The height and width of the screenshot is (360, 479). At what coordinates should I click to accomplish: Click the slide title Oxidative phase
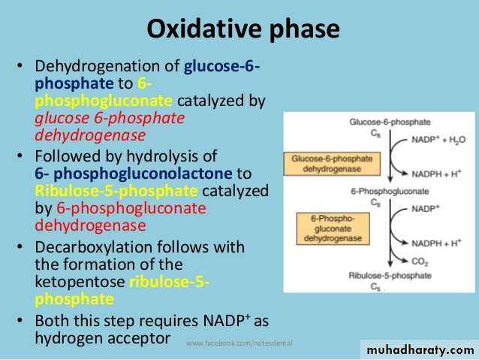(243, 29)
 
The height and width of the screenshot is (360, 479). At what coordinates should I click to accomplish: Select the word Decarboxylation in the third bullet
(94, 247)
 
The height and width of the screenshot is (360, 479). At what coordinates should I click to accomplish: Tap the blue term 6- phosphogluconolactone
(134, 174)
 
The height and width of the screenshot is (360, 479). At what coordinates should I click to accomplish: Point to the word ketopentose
(80, 282)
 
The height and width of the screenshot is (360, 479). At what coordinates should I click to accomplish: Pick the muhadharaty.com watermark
(420, 349)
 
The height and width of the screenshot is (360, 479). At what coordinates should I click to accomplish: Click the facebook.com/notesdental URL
(239, 343)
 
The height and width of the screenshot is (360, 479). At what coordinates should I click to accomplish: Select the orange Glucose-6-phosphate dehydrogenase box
(332, 164)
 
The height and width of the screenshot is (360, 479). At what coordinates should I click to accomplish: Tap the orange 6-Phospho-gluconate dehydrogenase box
(333, 228)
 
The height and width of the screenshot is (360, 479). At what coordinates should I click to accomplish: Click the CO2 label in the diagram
(420, 262)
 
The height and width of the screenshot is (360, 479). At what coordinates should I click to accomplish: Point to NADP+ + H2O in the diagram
(438, 140)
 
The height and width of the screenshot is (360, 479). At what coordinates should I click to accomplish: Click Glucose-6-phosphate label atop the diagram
(390, 122)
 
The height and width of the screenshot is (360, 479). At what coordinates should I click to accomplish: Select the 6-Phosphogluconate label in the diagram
(390, 192)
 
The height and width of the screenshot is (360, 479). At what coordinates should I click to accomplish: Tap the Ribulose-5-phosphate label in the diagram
(390, 275)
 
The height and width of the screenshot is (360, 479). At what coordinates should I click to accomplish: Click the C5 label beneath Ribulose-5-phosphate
(375, 287)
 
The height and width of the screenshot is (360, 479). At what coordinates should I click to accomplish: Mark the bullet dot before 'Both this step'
(20, 320)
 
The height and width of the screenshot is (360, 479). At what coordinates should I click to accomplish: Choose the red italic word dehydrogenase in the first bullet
(90, 135)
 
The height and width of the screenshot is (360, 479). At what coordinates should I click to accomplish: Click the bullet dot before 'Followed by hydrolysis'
(20, 156)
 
